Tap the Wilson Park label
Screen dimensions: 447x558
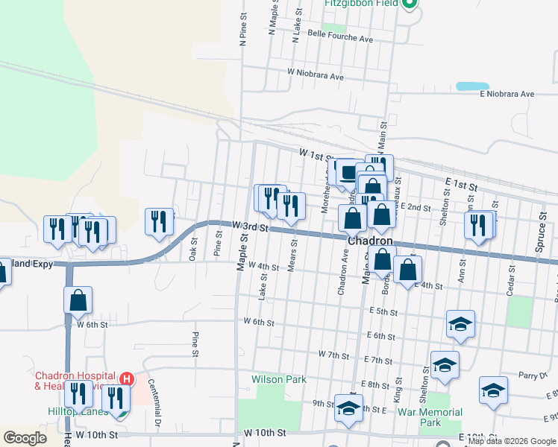279,379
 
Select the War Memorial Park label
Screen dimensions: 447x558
430,417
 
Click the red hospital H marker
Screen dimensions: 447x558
127,378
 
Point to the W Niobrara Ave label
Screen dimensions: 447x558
316,77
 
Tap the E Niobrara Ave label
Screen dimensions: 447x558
507,94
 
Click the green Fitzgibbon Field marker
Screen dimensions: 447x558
409,4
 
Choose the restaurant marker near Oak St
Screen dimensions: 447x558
159,222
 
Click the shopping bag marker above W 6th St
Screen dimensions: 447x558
78,301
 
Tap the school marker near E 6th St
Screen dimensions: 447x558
461,325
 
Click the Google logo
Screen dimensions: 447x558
25,438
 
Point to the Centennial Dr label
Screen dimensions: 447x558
154,398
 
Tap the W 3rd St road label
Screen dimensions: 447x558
249,226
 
